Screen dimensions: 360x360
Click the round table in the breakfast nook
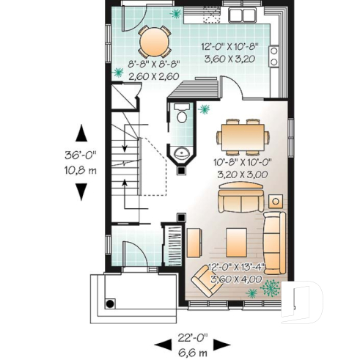tap(153, 42)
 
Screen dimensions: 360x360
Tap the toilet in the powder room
tap(180, 116)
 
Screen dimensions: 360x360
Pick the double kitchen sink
tap(243, 15)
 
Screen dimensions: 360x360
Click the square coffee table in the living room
tap(236, 239)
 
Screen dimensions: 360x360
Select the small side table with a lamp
tap(276, 201)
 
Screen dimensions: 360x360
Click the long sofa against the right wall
tap(274, 241)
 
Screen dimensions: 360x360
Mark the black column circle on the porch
tap(110, 303)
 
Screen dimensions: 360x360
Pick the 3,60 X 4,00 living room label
tap(233, 279)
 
